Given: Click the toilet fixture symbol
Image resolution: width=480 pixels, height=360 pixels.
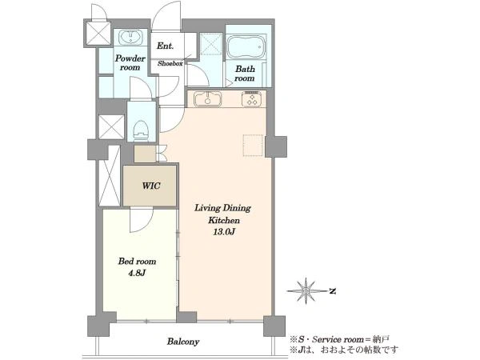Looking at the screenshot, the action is pyautogui.click(x=141, y=130).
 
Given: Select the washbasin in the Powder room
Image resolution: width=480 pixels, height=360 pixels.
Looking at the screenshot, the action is pyautogui.click(x=130, y=38).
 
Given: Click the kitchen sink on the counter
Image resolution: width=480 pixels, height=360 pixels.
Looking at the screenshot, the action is pyautogui.click(x=208, y=99).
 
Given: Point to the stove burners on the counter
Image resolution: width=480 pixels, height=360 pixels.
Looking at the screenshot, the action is pyautogui.click(x=251, y=99).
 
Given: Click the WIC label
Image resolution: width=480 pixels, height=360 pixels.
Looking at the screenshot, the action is pyautogui.click(x=151, y=186).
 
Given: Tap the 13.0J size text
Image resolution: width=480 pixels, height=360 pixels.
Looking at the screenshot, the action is pyautogui.click(x=224, y=232).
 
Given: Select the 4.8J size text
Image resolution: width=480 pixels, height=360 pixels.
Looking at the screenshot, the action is pyautogui.click(x=137, y=273).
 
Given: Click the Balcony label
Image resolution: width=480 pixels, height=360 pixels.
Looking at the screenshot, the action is pyautogui.click(x=183, y=342).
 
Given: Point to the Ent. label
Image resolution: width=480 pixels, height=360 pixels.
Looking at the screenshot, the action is pyautogui.click(x=166, y=46).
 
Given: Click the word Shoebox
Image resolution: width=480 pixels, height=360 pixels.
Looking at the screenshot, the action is pyautogui.click(x=170, y=64).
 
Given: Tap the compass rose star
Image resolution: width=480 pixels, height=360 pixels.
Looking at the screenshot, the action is pyautogui.click(x=306, y=290).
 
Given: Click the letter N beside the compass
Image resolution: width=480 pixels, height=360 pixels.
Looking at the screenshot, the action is pyautogui.click(x=333, y=291).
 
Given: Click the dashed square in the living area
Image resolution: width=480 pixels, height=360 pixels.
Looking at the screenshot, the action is pyautogui.click(x=253, y=146).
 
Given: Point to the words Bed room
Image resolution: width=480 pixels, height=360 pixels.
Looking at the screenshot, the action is pyautogui.click(x=137, y=261).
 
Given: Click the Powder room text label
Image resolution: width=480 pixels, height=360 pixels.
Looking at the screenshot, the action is pyautogui.click(x=130, y=62).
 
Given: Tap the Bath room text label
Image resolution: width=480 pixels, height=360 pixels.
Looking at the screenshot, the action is pyautogui.click(x=245, y=74).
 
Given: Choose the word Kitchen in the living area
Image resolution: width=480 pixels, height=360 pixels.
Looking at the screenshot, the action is pyautogui.click(x=224, y=220).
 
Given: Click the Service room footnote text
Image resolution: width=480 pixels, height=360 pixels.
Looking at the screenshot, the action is pyautogui.click(x=339, y=339).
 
